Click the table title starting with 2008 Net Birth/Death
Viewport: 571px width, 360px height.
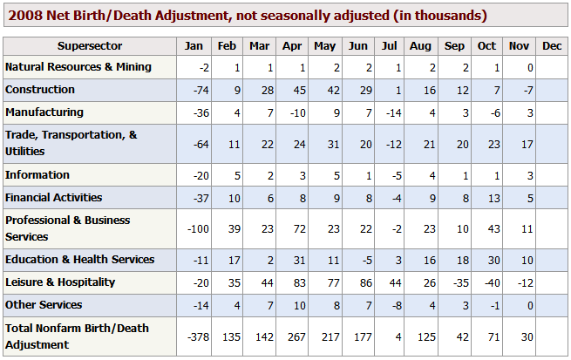click(246, 16)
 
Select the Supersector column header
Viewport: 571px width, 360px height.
click(90, 46)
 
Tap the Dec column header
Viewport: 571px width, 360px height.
click(551, 46)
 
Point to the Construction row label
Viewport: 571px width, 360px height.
click(40, 90)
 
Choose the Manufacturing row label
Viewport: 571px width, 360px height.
click(44, 112)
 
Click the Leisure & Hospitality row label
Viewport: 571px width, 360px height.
click(60, 282)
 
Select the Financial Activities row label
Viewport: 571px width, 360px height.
click(54, 198)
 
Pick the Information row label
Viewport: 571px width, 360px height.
click(37, 175)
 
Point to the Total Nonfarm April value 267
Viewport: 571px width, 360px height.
click(292, 336)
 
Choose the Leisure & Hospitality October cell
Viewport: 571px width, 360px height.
click(487, 282)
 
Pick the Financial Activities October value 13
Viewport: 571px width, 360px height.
click(489, 198)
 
